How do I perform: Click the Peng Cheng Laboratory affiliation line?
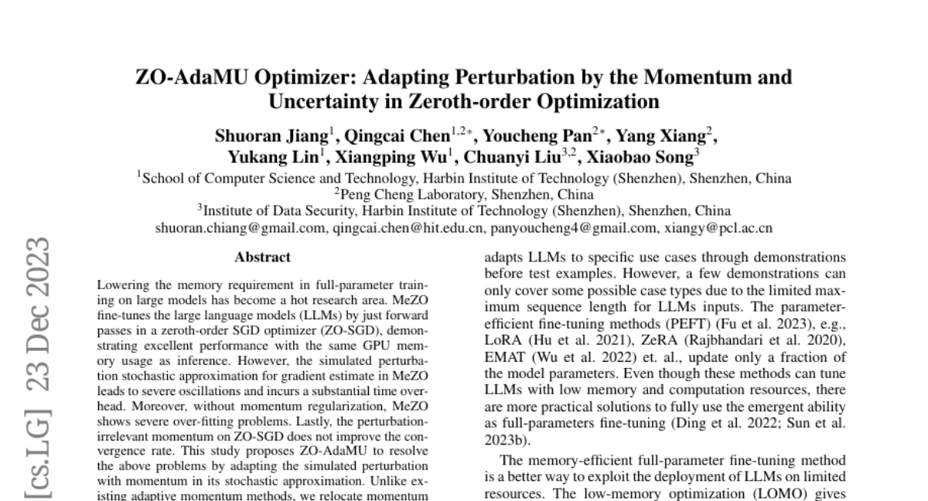[x=464, y=194]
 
